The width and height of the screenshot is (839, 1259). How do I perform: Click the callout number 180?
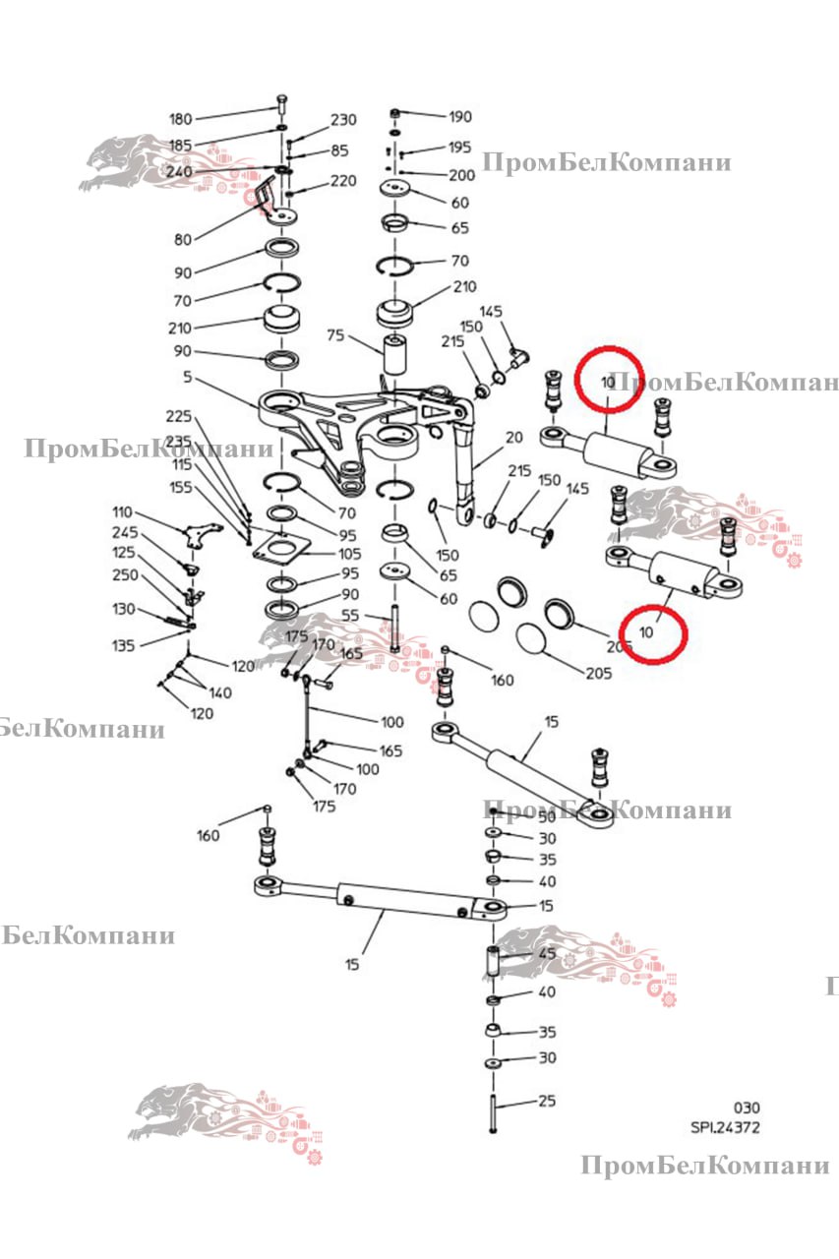click(181, 120)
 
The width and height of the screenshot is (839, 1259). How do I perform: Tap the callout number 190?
click(460, 116)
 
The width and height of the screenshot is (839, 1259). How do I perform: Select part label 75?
click(335, 334)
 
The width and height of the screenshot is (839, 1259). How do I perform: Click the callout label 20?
click(513, 438)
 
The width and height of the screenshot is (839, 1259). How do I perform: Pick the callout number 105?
click(350, 554)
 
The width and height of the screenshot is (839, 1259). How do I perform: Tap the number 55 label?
click(349, 615)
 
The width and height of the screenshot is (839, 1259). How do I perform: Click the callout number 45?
click(547, 953)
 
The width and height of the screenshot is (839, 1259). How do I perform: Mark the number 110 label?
click(121, 512)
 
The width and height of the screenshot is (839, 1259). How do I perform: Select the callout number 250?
click(125, 575)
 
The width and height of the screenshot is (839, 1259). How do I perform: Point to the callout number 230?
click(343, 120)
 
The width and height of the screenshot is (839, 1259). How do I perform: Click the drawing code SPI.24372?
click(725, 1128)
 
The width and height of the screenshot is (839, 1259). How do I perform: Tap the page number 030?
click(746, 1108)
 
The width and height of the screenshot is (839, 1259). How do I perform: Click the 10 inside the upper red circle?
click(608, 381)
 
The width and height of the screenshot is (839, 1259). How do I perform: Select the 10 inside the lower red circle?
click(647, 631)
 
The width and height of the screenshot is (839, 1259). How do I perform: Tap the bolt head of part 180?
click(282, 102)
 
